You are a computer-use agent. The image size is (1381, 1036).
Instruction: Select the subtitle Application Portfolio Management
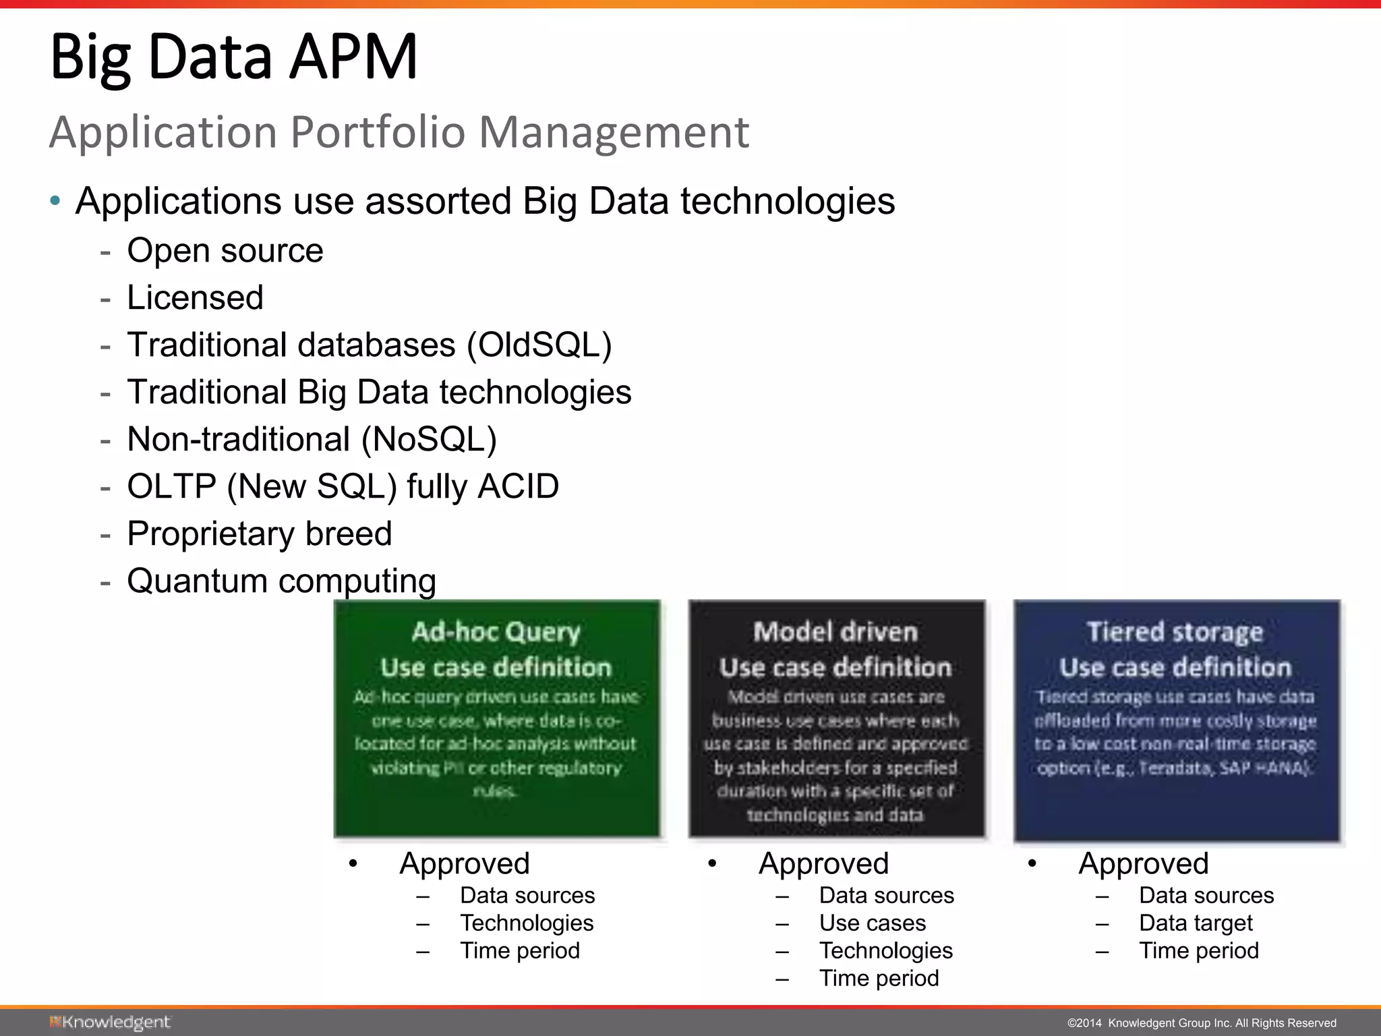(x=399, y=132)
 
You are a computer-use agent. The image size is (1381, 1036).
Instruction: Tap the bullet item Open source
(x=225, y=251)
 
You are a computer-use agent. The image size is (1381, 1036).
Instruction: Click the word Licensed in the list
(x=195, y=298)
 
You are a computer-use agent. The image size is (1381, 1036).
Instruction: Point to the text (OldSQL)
(x=539, y=345)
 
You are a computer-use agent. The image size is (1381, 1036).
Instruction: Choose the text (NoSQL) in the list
(x=429, y=440)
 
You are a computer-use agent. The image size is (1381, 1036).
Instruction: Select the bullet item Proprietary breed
(x=259, y=534)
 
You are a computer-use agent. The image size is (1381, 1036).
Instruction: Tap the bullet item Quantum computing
(x=281, y=581)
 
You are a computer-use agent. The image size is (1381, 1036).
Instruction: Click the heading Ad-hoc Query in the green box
(x=496, y=632)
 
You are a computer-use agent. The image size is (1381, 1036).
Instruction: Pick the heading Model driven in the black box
(x=835, y=632)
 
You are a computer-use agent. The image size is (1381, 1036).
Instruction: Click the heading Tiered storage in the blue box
(x=1175, y=632)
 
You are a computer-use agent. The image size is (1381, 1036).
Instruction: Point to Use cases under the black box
(x=873, y=923)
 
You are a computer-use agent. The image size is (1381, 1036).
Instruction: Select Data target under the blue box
(x=1196, y=923)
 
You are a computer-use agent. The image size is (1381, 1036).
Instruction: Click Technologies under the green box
(x=527, y=923)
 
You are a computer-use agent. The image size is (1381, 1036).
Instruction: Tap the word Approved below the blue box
(x=1144, y=864)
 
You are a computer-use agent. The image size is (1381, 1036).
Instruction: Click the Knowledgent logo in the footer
(x=110, y=1023)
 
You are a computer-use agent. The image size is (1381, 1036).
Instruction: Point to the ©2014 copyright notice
(x=1202, y=1023)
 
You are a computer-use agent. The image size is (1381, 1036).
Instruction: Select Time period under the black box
(x=879, y=979)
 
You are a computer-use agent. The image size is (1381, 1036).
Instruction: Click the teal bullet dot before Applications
(x=55, y=201)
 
